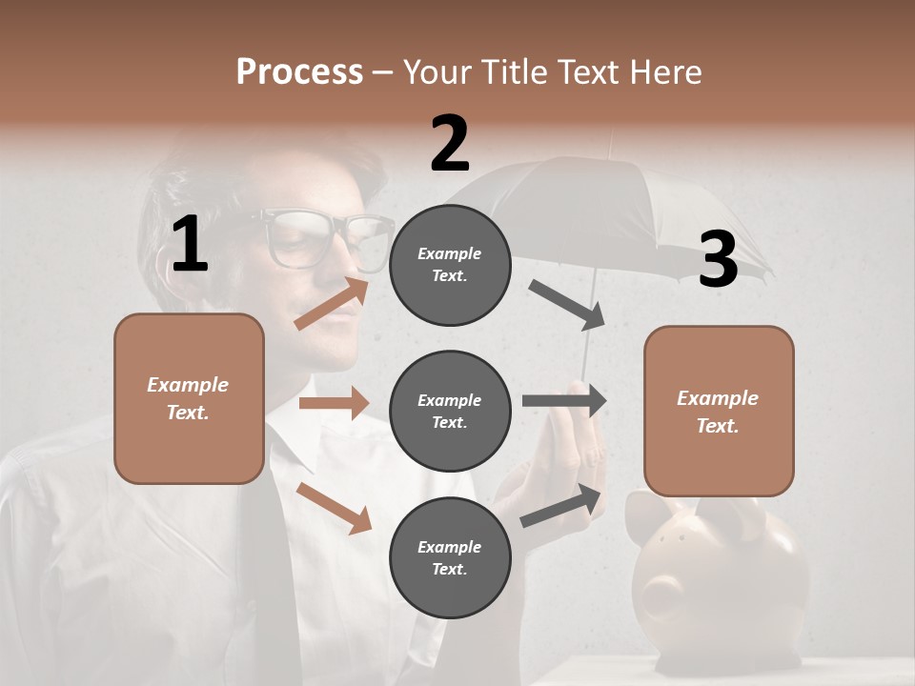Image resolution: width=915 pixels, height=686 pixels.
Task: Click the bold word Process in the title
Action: (x=299, y=71)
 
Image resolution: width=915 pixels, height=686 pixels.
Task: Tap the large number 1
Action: (x=190, y=245)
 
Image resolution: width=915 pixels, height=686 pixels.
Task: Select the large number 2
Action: (x=450, y=144)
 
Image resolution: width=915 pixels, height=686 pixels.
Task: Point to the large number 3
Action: (x=718, y=260)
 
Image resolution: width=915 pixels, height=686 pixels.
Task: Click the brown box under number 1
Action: (x=189, y=398)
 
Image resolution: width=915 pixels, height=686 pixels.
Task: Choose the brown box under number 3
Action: (x=719, y=411)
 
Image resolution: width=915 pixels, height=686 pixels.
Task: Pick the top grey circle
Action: (x=450, y=264)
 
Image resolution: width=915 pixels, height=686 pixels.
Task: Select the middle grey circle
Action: (x=450, y=411)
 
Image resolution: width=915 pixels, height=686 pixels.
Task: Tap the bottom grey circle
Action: (x=450, y=557)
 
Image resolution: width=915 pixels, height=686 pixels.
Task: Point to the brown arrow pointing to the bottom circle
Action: (x=334, y=508)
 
